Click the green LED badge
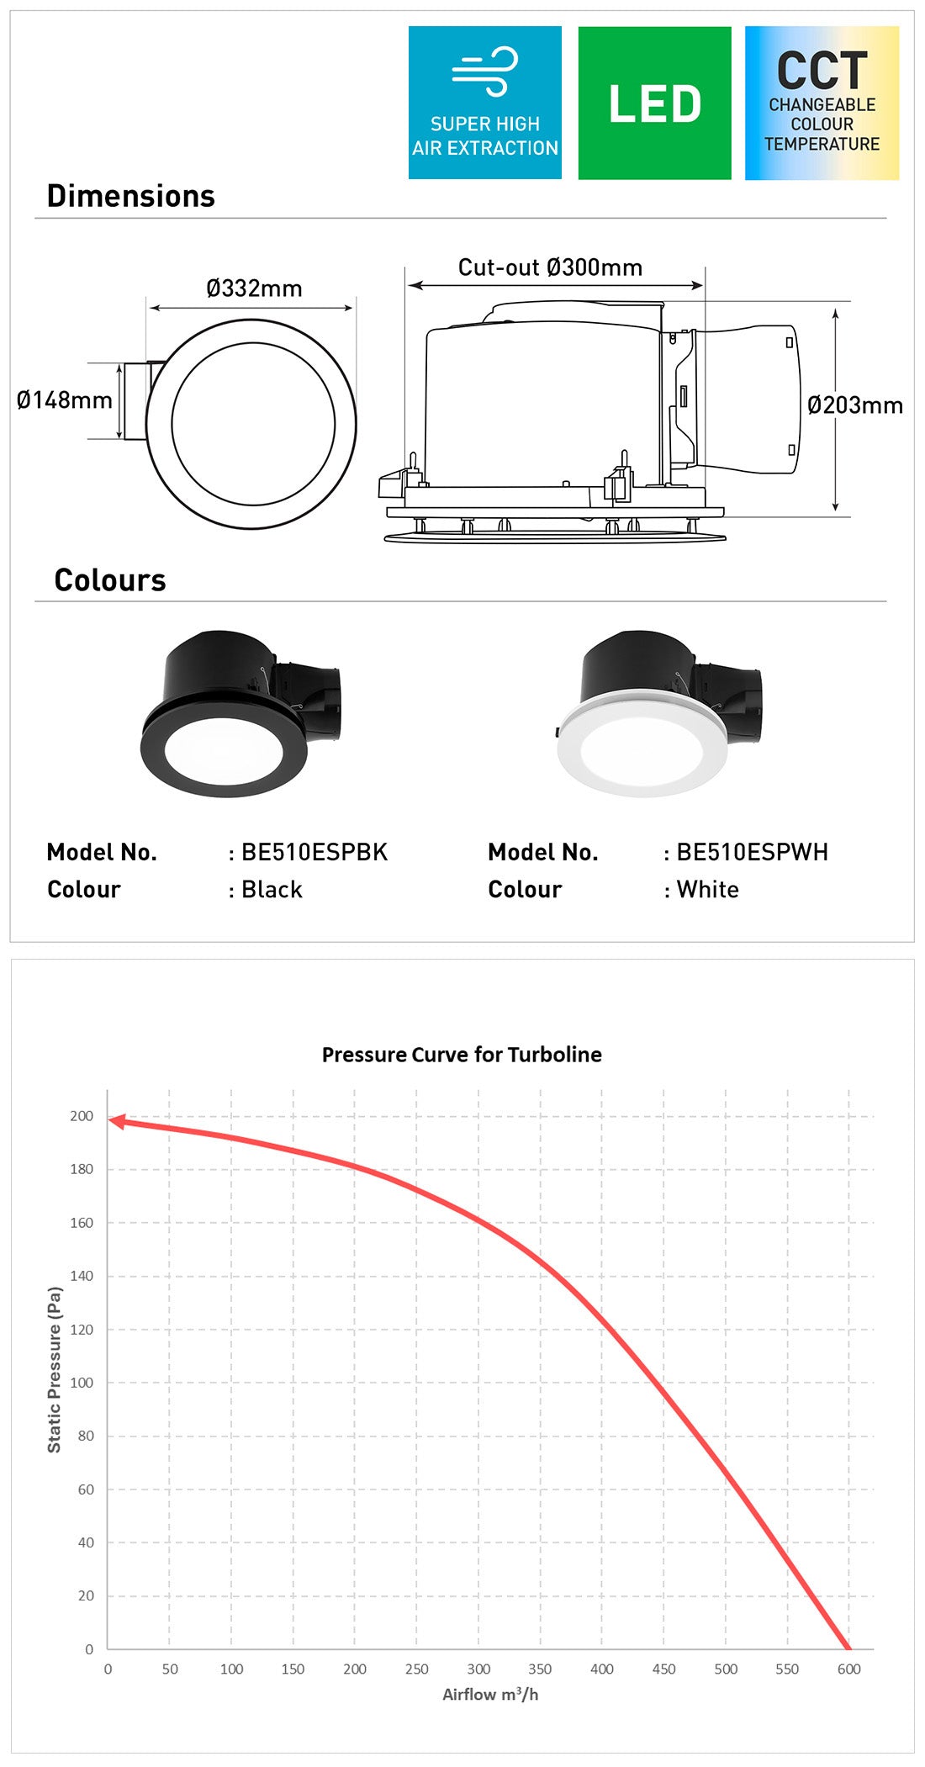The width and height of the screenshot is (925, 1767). point(654,103)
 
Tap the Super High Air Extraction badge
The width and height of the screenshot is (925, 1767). point(485,103)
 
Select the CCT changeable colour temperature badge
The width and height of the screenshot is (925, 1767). point(822,103)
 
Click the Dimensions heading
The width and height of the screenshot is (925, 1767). point(131,196)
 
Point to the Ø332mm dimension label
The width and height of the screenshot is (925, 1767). point(254,288)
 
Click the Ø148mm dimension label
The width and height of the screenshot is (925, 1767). point(65,399)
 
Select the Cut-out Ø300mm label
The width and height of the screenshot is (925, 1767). point(550,267)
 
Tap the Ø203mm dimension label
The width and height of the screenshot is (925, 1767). point(855,405)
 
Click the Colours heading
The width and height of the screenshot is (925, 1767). point(110,580)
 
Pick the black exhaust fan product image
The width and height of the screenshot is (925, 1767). point(241,713)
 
